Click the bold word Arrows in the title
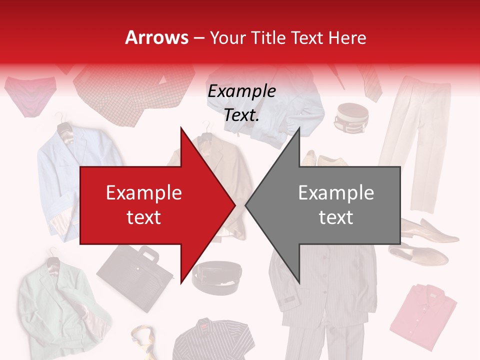157,37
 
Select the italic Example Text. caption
241,103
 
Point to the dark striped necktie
370,82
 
